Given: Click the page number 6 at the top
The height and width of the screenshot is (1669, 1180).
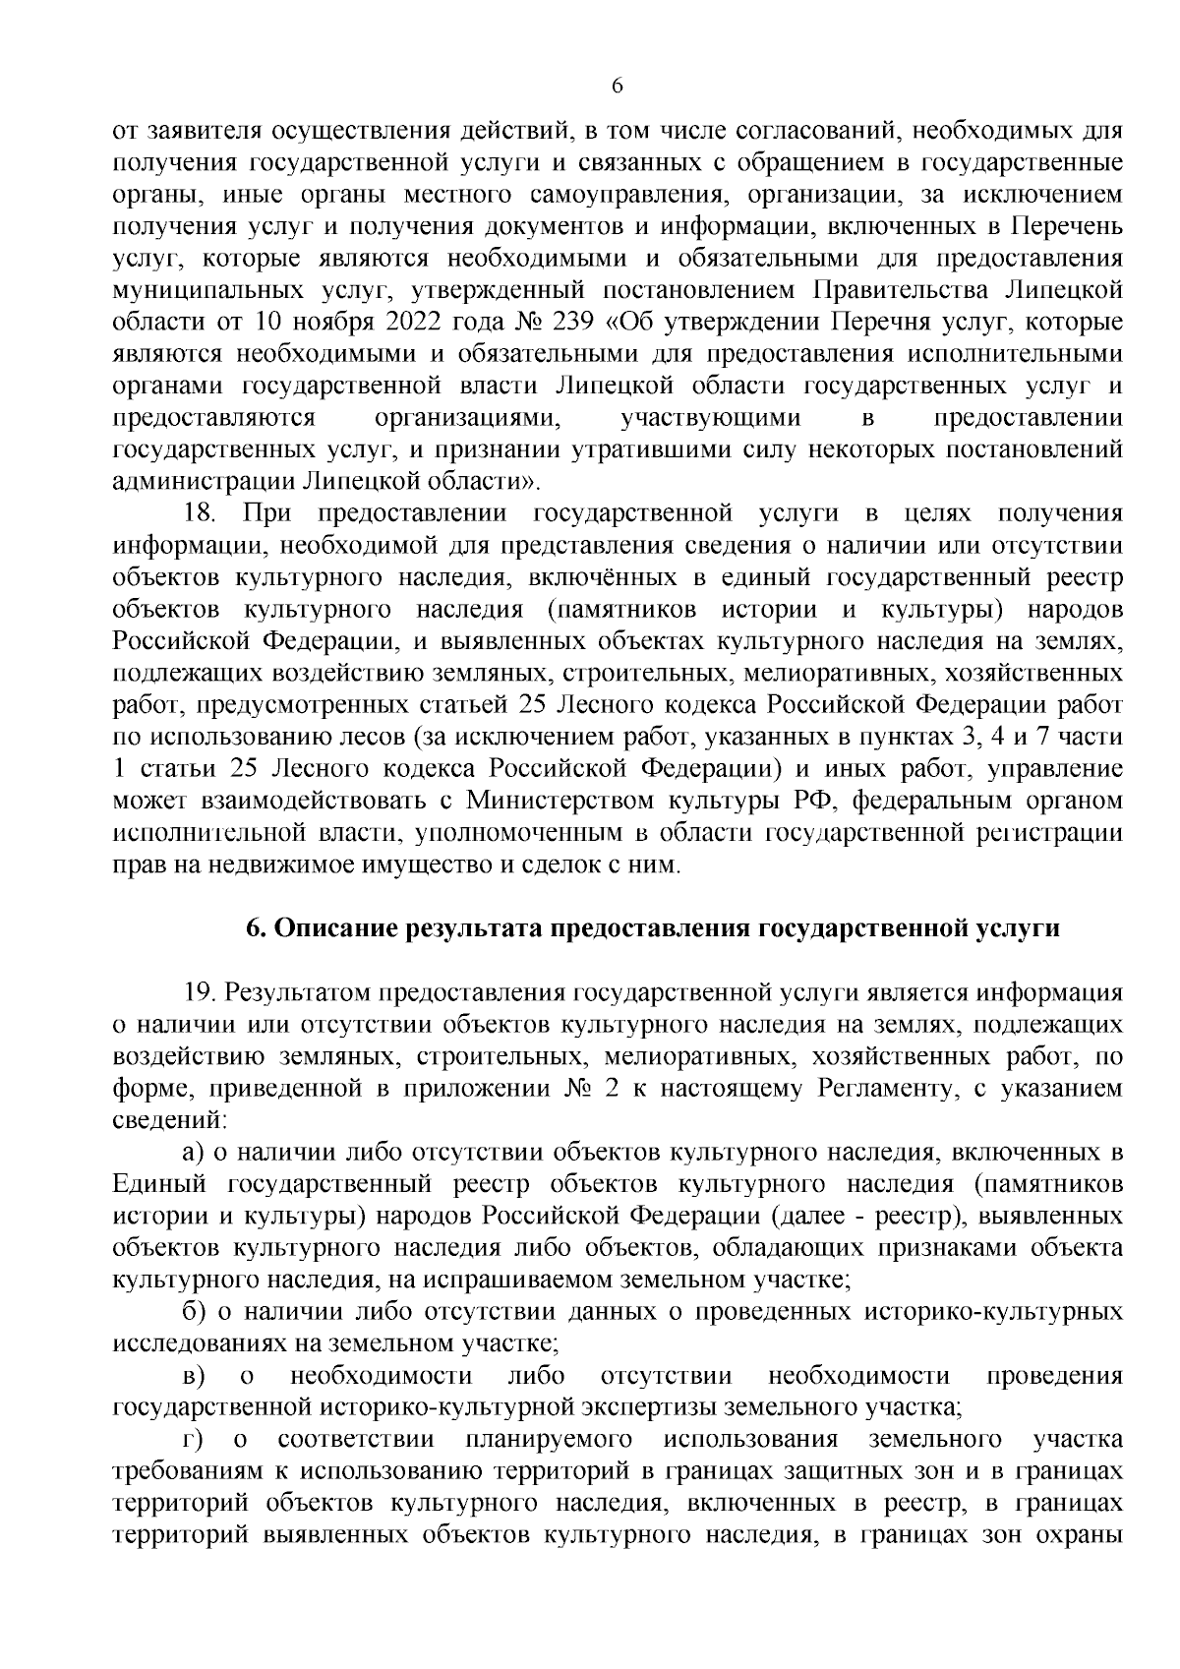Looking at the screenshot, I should pyautogui.click(x=618, y=87).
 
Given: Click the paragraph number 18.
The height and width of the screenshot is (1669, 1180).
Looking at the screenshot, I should pyautogui.click(x=202, y=512).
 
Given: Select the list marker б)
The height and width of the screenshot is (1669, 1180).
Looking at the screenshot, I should pyautogui.click(x=193, y=1311).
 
